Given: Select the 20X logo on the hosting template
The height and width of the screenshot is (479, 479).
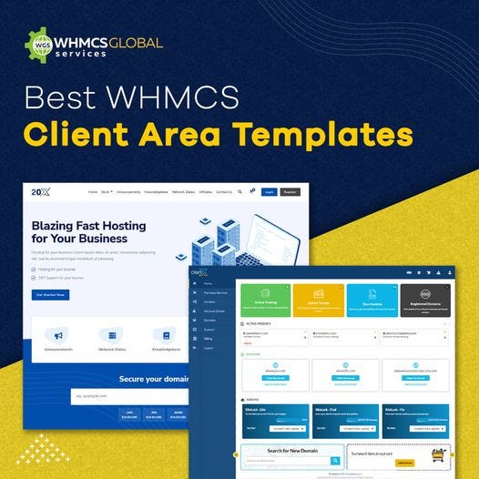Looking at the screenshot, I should [40, 192].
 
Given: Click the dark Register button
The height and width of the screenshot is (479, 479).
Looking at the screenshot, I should [290, 192].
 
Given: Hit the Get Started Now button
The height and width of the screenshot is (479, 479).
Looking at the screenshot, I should [50, 295].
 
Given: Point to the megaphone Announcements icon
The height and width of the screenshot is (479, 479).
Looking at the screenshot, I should [58, 334].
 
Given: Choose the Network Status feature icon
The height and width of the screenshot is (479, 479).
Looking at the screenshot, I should [113, 334].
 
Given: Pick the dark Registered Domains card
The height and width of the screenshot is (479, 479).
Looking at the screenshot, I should [424, 299].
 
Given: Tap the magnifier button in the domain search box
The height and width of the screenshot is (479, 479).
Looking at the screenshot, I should [335, 462].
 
